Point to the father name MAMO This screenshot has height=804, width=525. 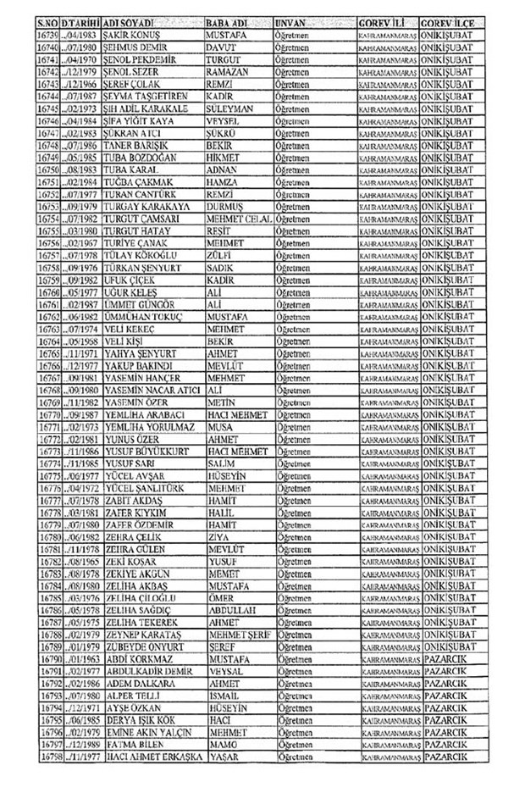[x=221, y=744]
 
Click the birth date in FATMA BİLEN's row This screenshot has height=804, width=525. [x=84, y=744]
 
